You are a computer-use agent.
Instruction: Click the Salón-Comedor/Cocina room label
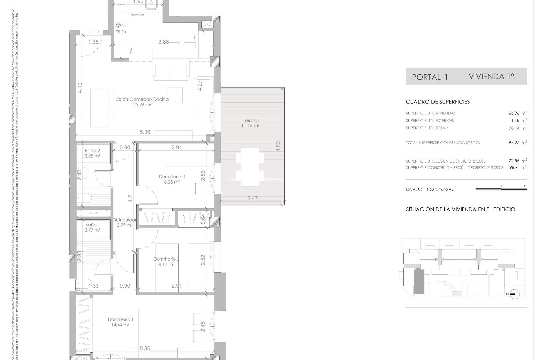(142, 99)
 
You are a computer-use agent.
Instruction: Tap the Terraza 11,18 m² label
(251, 123)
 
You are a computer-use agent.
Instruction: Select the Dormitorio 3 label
(172, 177)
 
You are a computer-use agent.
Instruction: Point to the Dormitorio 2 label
(166, 259)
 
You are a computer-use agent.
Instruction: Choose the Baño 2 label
(93, 151)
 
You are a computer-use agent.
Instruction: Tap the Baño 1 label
(93, 225)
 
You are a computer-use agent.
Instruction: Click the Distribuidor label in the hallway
(125, 220)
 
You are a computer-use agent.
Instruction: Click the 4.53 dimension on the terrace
(278, 147)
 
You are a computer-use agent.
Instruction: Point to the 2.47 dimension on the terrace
(252, 198)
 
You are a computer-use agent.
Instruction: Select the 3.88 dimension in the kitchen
(163, 42)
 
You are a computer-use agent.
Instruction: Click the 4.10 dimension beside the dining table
(80, 88)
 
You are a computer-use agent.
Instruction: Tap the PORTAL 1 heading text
(429, 77)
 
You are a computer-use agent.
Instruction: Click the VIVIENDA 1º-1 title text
(494, 76)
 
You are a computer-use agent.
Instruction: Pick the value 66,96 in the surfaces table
(514, 113)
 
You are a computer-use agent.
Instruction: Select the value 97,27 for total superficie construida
(514, 143)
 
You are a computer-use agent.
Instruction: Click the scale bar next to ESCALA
(501, 189)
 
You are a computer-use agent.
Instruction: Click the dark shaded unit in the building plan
(419, 281)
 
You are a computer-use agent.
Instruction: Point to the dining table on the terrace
(250, 167)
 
